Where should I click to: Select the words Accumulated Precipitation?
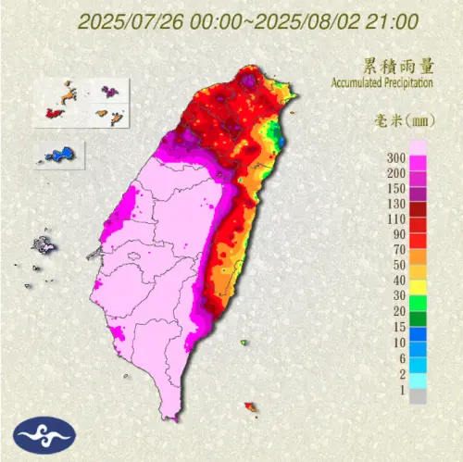pyautogui.click(x=382, y=82)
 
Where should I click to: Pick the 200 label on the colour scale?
pyautogui.click(x=395, y=173)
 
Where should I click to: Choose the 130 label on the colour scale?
pyautogui.click(x=395, y=203)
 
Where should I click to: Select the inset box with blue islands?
pyautogui.click(x=59, y=153)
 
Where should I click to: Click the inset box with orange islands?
pyautogui.click(x=84, y=102)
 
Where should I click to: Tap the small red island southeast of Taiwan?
pyautogui.click(x=249, y=406)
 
